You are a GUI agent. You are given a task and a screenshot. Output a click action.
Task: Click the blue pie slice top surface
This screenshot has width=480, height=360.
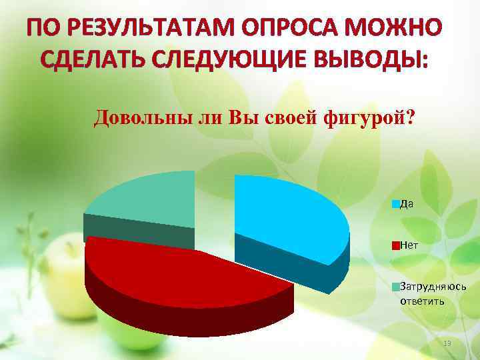click(x=287, y=213)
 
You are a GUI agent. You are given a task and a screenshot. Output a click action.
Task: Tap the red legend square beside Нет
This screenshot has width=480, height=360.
click(x=395, y=245)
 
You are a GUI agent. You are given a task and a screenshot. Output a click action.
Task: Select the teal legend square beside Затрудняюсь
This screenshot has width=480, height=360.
click(x=395, y=287)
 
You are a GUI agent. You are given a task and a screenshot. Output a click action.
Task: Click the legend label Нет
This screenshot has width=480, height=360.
click(x=409, y=245)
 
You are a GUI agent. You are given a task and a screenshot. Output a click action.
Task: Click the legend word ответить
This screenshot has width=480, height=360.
click(x=422, y=301)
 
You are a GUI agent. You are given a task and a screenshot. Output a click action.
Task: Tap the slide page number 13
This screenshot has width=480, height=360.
click(x=447, y=343)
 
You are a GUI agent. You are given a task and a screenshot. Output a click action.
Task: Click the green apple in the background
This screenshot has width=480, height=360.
click(x=63, y=267)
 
